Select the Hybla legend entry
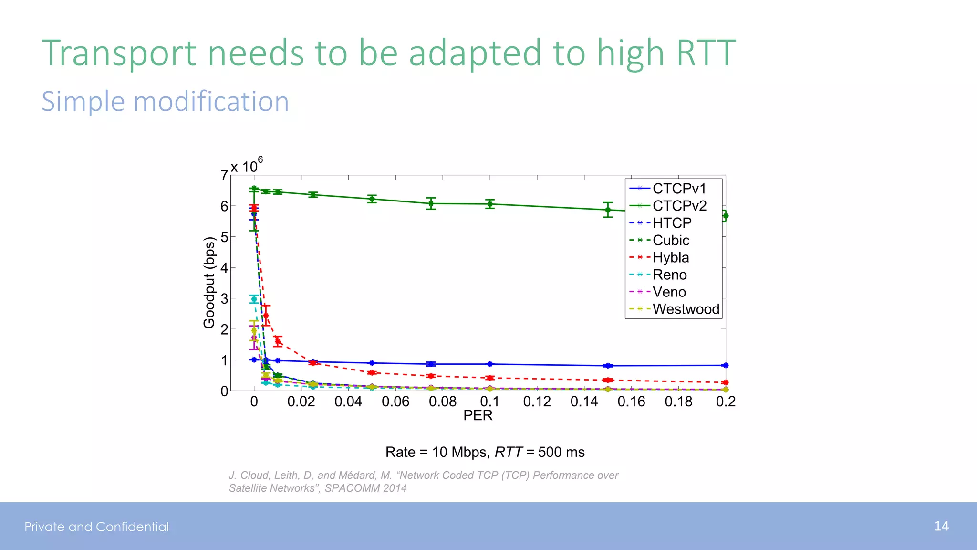click(671, 257)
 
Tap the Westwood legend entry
click(686, 309)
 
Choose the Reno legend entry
click(669, 275)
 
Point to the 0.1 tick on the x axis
click(490, 402)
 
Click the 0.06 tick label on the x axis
click(395, 402)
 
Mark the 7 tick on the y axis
click(224, 176)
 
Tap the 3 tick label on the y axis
click(224, 299)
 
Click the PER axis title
click(478, 415)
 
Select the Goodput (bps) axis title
click(209, 283)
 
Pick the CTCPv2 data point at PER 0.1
click(490, 204)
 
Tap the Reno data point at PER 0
click(254, 299)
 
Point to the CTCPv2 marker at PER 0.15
click(608, 210)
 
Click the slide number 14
click(941, 526)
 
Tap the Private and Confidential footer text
click(97, 527)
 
